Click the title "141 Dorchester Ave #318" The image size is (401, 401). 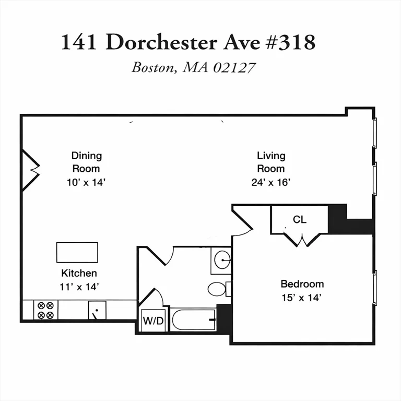point(188,42)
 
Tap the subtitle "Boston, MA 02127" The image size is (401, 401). point(193,67)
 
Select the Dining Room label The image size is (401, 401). point(86,162)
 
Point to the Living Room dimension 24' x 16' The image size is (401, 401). point(270,183)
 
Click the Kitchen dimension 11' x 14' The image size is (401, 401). point(79,286)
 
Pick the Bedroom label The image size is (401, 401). point(302,284)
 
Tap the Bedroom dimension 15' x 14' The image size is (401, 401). point(302,298)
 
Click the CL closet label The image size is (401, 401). point(299,219)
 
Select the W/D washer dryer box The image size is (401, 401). point(154,321)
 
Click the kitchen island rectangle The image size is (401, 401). point(77,252)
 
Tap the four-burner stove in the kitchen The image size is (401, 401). point(46,310)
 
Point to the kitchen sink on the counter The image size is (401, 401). point(97,310)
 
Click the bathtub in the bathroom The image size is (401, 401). point(193,319)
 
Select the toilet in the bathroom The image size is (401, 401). point(217,288)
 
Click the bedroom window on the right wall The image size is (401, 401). point(374,287)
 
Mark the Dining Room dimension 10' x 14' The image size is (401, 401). point(86,183)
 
